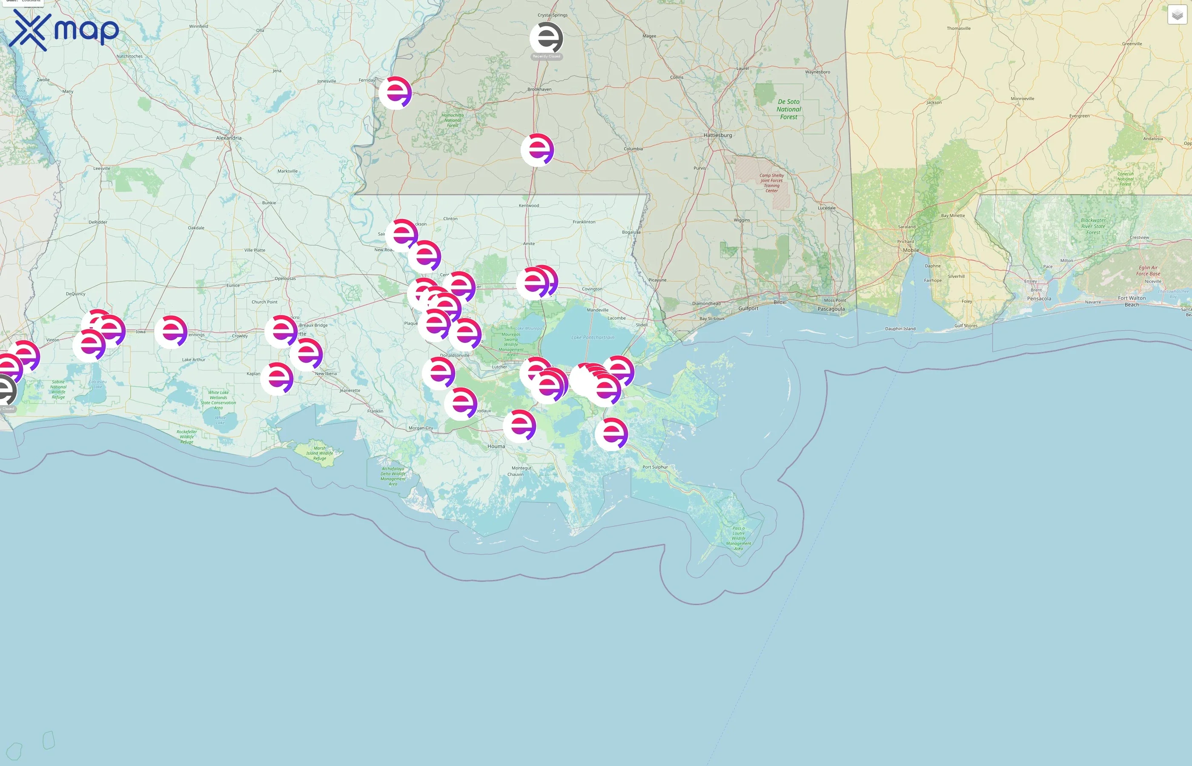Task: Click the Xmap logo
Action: pyautogui.click(x=64, y=30)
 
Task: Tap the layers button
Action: pyautogui.click(x=1177, y=15)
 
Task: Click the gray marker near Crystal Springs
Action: pyautogui.click(x=546, y=38)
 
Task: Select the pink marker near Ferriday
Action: pyautogui.click(x=395, y=92)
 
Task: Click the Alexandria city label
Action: pyautogui.click(x=229, y=138)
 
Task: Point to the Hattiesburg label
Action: pyautogui.click(x=717, y=135)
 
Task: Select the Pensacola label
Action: pyautogui.click(x=1039, y=299)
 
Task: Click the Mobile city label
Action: pyautogui.click(x=911, y=250)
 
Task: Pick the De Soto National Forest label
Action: pyautogui.click(x=788, y=109)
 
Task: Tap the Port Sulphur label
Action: pyautogui.click(x=655, y=467)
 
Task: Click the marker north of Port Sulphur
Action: pyautogui.click(x=611, y=434)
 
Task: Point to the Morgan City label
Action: pyautogui.click(x=420, y=428)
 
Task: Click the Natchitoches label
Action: pyautogui.click(x=129, y=56)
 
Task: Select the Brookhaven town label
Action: pyautogui.click(x=539, y=89)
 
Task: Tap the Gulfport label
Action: pyautogui.click(x=748, y=309)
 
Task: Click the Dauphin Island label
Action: pyautogui.click(x=900, y=329)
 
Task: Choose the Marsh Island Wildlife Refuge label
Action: pyautogui.click(x=319, y=453)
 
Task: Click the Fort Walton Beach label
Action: pyautogui.click(x=1132, y=301)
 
